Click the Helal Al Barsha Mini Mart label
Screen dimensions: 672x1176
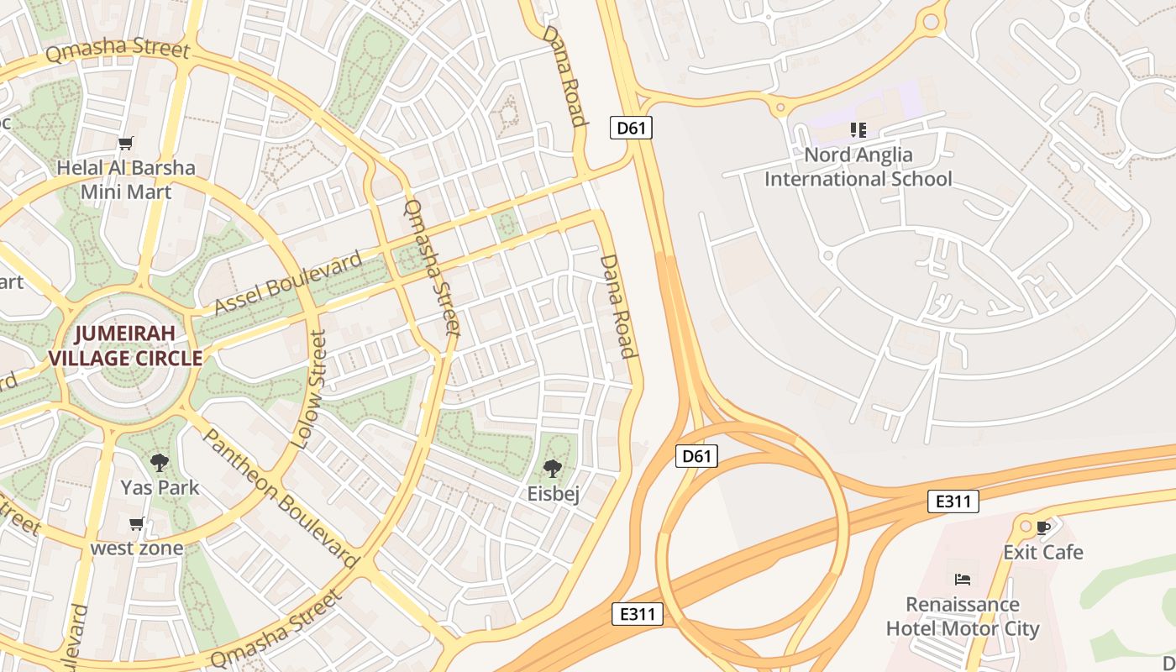126,180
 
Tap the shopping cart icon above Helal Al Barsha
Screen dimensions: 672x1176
126,144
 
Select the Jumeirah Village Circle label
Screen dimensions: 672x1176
125,345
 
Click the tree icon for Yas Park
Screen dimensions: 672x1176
159,462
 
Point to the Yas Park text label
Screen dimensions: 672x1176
160,487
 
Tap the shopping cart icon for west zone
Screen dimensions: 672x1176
137,524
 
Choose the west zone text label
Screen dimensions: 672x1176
137,549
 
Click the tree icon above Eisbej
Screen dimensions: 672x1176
552,469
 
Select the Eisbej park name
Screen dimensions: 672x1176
554,493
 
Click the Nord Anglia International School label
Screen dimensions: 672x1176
858,167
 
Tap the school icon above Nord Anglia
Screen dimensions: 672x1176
858,130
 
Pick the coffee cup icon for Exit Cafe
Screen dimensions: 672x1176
1043,528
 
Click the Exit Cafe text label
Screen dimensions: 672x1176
1043,552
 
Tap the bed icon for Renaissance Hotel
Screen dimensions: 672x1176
963,580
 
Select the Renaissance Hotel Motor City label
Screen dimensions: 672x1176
963,617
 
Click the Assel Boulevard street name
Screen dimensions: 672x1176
288,283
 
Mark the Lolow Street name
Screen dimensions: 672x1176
307,388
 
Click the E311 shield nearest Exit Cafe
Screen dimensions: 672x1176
953,501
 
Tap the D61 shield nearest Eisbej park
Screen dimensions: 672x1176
696,456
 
